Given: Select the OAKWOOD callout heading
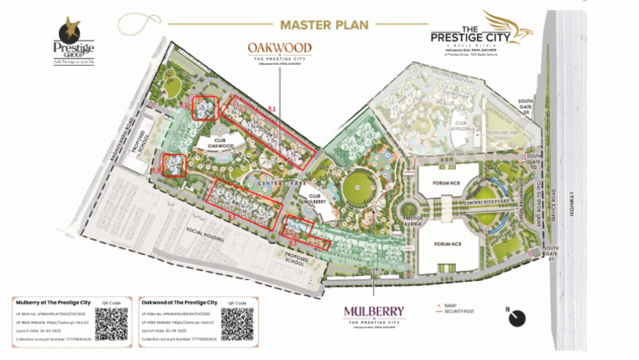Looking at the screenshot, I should tap(280, 48).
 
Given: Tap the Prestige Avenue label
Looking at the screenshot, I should tap(414, 222).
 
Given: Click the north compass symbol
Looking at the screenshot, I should tap(518, 318).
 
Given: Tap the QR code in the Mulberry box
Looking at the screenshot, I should tap(111, 323).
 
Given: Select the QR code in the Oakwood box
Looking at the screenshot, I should tap(236, 323).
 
